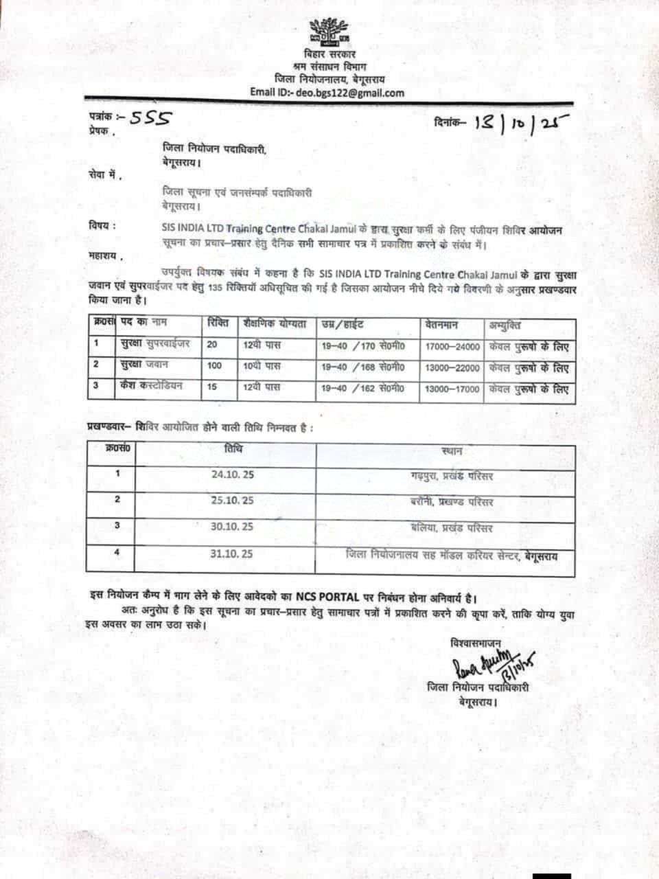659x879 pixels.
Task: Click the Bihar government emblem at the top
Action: pos(329,32)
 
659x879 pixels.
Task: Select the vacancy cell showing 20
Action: pos(213,345)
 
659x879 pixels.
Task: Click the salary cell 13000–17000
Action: pos(452,389)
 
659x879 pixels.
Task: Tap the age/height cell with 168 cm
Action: pos(363,368)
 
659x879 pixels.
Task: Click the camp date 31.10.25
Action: pos(233,553)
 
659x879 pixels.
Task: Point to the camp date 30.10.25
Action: pos(233,526)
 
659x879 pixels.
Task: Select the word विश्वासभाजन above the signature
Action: pos(476,643)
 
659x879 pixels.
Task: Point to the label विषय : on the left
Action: pos(102,227)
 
